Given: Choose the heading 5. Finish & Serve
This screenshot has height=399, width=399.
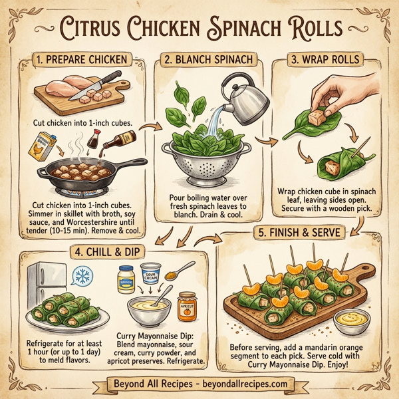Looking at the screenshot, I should [299, 233].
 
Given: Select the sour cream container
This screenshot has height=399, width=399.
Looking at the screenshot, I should [150, 275].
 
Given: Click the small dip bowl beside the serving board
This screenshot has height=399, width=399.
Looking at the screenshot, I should [352, 321].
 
